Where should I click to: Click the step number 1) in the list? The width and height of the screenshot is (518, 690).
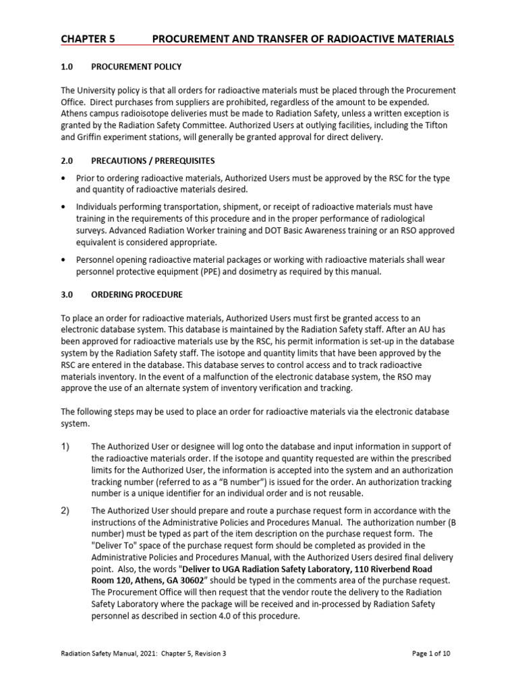66,447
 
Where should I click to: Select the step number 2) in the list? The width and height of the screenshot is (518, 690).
66,510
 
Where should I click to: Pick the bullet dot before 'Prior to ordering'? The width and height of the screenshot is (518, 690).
63,179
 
